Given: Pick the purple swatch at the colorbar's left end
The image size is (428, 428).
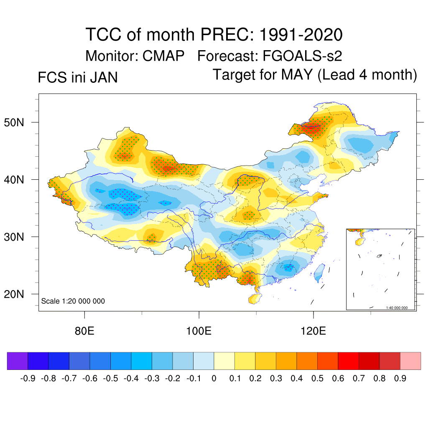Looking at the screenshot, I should [17, 361].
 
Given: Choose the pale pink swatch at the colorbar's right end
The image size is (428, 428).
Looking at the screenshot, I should [410, 361].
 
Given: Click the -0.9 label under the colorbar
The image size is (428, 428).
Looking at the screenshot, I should [27, 379].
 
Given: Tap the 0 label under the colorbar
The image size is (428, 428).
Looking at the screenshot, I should [214, 379].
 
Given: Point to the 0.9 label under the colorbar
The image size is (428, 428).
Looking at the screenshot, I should [400, 379].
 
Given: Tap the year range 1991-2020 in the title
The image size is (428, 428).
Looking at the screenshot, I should [301, 34].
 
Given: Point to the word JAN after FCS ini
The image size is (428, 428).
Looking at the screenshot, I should [103, 78].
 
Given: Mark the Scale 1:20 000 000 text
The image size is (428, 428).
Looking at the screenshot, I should [73, 301].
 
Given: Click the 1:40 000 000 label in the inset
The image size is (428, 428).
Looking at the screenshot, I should [400, 308].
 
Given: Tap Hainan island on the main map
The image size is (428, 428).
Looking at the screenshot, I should [253, 298].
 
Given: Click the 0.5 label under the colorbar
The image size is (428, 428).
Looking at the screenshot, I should [318, 379].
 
